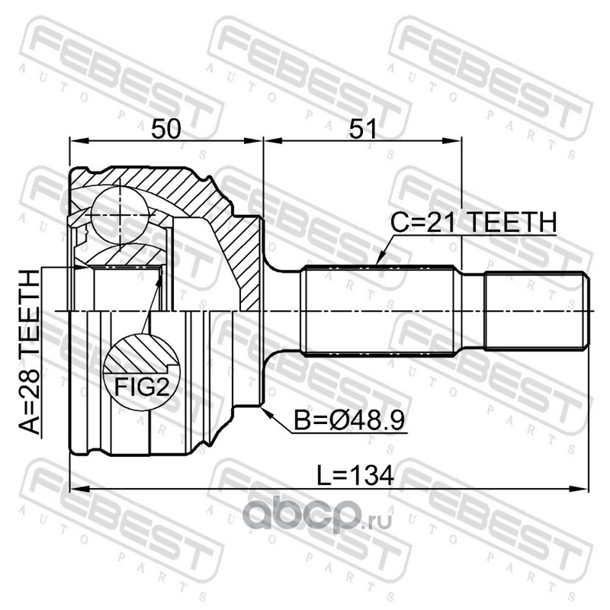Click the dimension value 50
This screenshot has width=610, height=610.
tap(166, 129)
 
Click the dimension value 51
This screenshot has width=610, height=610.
tap(363, 129)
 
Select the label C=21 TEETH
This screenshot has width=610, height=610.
tap(474, 222)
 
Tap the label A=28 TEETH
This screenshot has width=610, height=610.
tap(30, 352)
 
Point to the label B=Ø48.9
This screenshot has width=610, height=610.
tap(349, 421)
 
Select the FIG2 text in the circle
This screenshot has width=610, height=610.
tap(142, 387)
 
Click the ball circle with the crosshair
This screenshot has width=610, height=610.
tap(120, 215)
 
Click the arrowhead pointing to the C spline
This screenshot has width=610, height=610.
tap(380, 258)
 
